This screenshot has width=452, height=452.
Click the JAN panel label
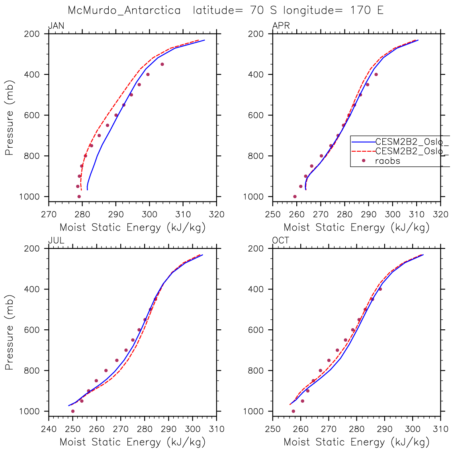(56, 26)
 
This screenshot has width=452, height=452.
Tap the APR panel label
(281, 26)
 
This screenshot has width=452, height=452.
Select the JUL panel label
(56, 241)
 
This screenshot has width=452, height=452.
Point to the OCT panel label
(281, 241)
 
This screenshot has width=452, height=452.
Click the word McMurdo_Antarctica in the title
(124, 10)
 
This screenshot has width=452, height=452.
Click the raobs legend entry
(387, 161)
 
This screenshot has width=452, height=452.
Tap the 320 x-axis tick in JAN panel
(216, 214)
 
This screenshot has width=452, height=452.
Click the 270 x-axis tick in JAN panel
(49, 214)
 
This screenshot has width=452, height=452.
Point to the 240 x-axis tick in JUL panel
(49, 429)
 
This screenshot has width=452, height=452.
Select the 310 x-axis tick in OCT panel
(440, 429)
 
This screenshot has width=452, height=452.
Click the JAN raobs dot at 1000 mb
(79, 196)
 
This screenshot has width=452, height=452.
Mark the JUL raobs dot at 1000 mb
(72, 411)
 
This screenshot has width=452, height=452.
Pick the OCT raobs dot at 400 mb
(380, 289)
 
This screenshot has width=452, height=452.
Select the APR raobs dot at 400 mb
(376, 74)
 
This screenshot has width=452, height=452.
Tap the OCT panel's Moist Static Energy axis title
(356, 442)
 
